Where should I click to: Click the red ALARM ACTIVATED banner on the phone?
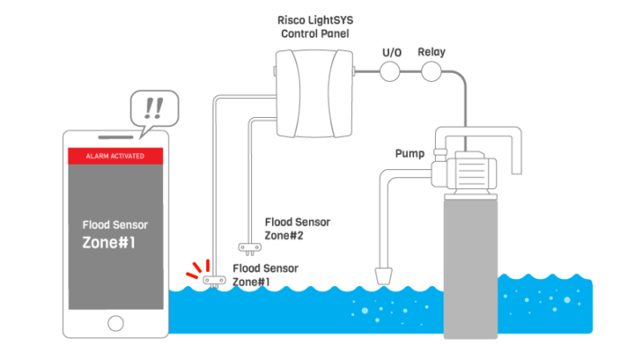tap(115, 156)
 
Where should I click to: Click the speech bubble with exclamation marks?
tap(154, 108)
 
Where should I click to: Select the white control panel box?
tap(311, 94)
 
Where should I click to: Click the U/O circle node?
tap(390, 71)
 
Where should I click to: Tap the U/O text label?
tap(391, 51)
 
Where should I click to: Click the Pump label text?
tap(410, 154)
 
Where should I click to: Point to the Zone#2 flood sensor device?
tap(244, 246)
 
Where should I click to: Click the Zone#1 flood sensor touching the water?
tap(213, 280)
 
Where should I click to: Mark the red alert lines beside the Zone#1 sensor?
tap(194, 269)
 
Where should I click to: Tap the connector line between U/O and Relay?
tap(411, 71)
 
